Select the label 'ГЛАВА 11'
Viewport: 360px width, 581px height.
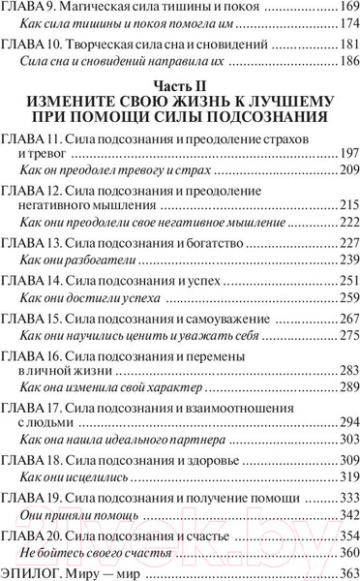35,140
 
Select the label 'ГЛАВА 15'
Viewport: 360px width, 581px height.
35,316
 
